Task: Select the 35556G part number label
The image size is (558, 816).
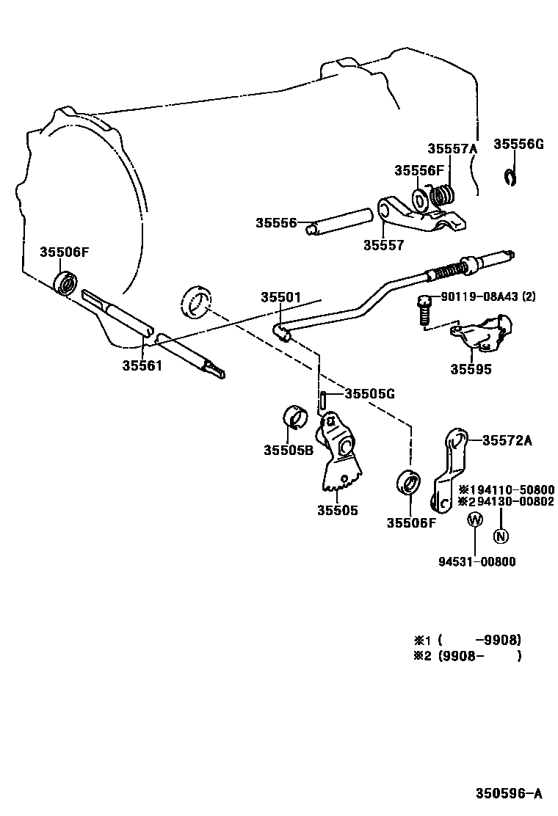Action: coord(518,144)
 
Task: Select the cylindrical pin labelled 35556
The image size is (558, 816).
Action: coord(340,221)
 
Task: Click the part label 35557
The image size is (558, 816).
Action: coord(383,246)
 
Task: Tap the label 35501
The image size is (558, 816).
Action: coord(280,297)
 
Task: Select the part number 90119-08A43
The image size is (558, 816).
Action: coord(488,296)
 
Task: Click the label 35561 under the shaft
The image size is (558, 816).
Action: coord(142,364)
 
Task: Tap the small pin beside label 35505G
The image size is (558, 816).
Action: coord(322,401)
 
